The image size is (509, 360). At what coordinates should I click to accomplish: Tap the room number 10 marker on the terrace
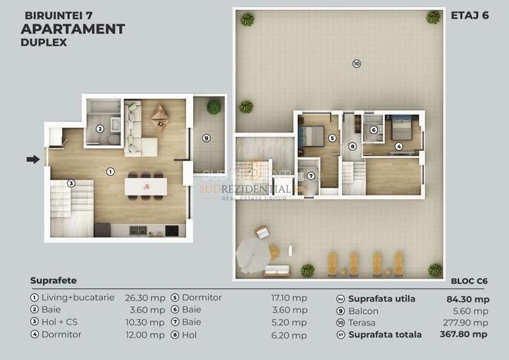(356, 63)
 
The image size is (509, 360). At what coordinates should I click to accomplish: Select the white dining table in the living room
(146, 187)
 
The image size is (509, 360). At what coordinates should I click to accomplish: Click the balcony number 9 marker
(206, 137)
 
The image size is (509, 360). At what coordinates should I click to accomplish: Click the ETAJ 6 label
(469, 15)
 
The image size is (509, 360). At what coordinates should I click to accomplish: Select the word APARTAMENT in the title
(72, 29)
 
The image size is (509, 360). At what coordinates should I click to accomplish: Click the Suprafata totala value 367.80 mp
(464, 334)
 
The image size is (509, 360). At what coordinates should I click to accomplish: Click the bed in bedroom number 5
(311, 136)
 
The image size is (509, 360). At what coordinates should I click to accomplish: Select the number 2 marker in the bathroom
(100, 129)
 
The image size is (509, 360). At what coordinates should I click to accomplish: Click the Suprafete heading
(53, 281)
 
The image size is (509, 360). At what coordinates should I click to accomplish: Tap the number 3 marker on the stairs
(71, 184)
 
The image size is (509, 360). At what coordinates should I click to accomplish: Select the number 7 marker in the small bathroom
(311, 176)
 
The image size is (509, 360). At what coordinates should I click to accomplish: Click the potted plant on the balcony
(214, 107)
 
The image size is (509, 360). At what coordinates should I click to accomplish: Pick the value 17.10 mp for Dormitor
(294, 298)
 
